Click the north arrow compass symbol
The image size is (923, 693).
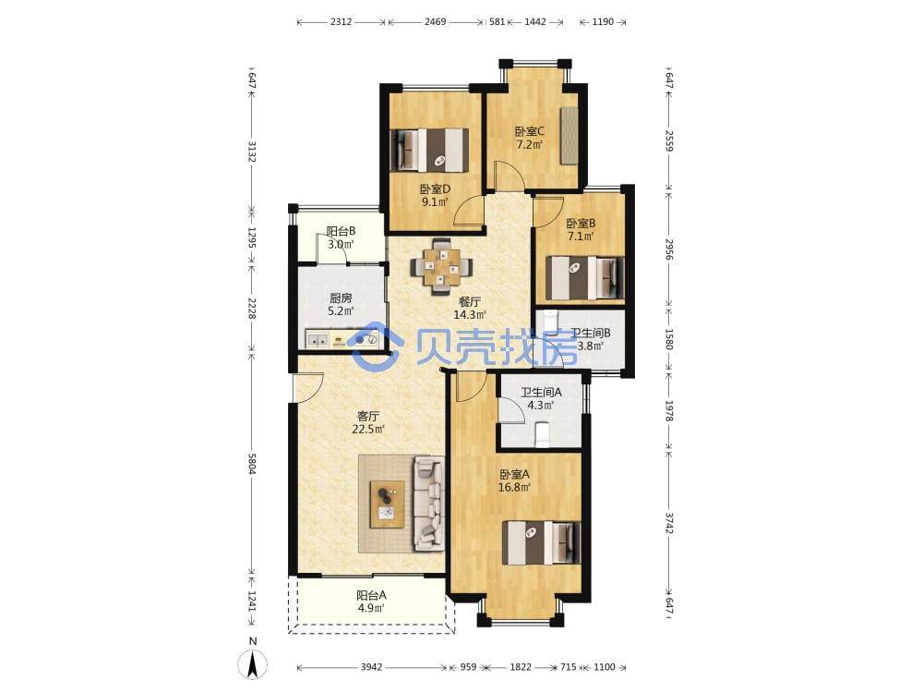[x=253, y=664]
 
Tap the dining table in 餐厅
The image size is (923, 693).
[x=441, y=266]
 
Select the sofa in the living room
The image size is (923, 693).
[x=428, y=504]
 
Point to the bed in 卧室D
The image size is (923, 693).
[x=430, y=150]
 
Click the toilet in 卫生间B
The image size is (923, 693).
[x=550, y=322]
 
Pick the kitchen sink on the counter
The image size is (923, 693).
[x=318, y=340]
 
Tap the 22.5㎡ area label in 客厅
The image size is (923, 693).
[x=368, y=429]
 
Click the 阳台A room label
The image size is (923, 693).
[x=371, y=595]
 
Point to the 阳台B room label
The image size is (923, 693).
[x=341, y=232]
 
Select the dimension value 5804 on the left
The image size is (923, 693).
[x=252, y=463]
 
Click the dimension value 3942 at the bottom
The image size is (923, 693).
[x=371, y=667]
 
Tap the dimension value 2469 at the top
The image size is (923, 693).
[x=435, y=22]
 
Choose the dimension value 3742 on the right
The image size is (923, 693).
[x=669, y=523]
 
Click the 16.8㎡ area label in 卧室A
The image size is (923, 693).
[x=514, y=487]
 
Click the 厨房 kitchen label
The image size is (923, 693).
[x=341, y=298]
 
